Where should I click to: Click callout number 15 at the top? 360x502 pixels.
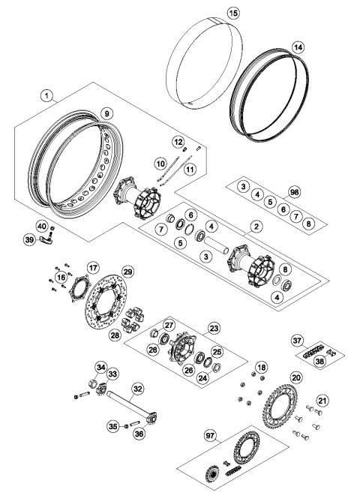coord(232,14)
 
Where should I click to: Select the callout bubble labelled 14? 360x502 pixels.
coord(298,47)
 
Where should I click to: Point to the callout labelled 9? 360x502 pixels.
coord(107,113)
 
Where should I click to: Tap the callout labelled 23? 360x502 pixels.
coord(214,328)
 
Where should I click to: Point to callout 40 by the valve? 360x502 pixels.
coord(42,224)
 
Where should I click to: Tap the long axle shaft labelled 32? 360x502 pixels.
coord(135,390)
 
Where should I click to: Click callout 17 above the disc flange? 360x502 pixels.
coord(92,267)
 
